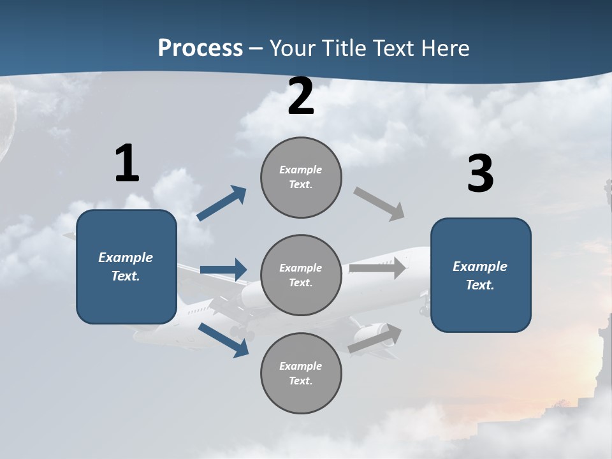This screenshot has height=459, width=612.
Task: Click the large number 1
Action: click(127, 164)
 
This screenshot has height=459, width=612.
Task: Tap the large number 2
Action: click(301, 97)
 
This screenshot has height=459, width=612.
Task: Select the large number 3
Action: click(480, 174)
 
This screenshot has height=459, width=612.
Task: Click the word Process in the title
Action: click(200, 48)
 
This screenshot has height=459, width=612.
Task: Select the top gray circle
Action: click(301, 177)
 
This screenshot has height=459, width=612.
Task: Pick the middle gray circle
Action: click(301, 275)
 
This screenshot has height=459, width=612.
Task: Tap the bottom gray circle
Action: click(301, 374)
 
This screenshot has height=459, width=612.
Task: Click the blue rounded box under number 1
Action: click(126, 266)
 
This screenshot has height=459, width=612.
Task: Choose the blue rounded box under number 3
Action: click(480, 275)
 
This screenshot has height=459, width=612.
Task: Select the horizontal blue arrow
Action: click(223, 270)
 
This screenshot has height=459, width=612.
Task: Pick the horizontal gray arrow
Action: click(377, 268)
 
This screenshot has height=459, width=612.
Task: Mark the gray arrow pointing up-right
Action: click(375, 339)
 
